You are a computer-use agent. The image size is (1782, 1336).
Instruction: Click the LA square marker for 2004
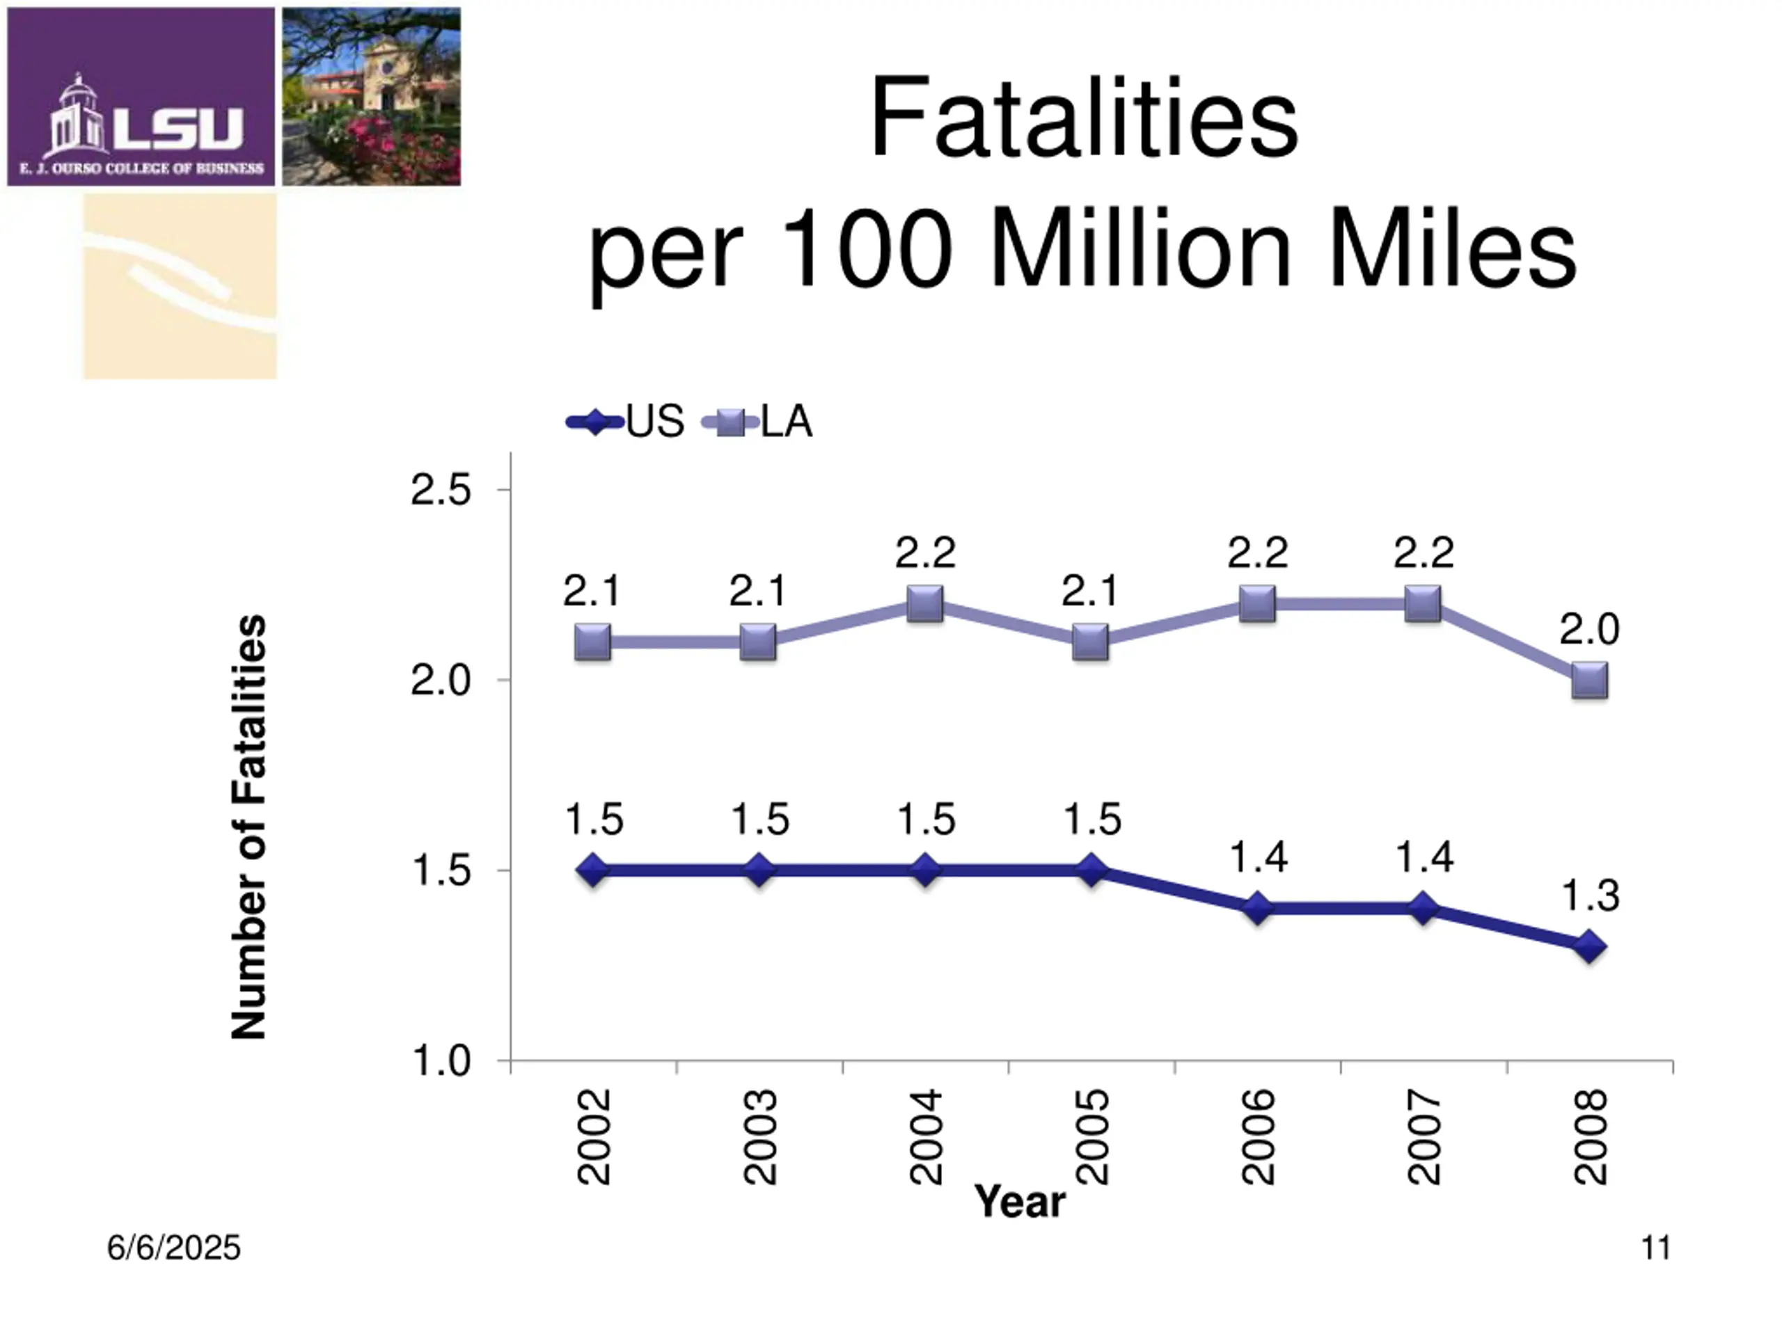coord(925,604)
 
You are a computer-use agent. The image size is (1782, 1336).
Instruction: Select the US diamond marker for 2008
coord(1589,946)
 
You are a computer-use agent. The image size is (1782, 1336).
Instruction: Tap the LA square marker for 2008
coord(1589,681)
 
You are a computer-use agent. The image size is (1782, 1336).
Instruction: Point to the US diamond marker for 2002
coord(593,870)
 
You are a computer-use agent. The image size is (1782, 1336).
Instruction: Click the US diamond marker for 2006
coord(1258,908)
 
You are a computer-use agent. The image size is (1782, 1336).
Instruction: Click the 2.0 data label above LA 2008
coord(1589,629)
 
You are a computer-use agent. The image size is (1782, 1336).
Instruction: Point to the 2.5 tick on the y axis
coord(440,490)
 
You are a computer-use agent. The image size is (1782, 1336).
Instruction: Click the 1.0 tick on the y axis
coord(440,1060)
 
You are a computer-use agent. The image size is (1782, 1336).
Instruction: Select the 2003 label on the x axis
coord(759,1137)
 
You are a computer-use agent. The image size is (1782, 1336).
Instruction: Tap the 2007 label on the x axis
coord(1424,1137)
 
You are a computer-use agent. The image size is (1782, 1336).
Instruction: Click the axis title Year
coord(1019,1202)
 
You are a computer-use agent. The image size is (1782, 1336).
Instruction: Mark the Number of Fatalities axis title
coord(249,827)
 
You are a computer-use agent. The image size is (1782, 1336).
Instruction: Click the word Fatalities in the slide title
coord(1084,118)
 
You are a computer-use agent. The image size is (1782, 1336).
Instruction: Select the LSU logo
coord(141,97)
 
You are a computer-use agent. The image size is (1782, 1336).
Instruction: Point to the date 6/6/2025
coord(174,1248)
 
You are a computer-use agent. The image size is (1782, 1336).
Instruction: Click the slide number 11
coord(1656,1248)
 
